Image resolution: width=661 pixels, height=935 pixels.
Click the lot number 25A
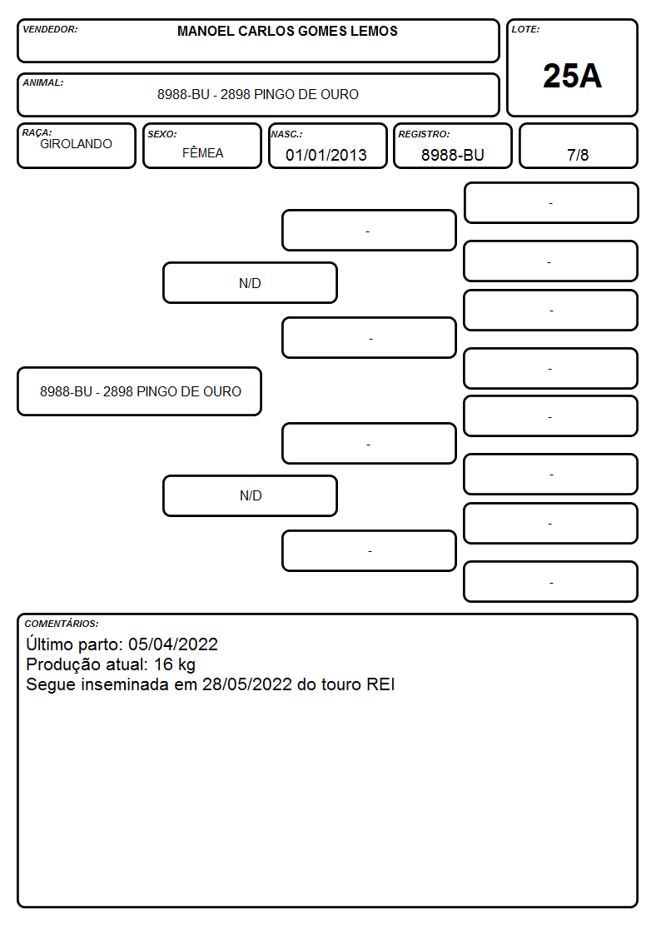[572, 77]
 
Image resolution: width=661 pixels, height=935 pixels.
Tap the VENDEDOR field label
[50, 29]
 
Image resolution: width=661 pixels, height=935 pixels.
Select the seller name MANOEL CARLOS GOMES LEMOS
[287, 31]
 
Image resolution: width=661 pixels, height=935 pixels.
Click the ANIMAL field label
[43, 83]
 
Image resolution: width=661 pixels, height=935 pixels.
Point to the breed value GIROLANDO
[76, 144]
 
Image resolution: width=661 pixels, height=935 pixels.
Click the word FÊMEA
[202, 153]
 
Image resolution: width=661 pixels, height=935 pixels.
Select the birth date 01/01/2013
[326, 155]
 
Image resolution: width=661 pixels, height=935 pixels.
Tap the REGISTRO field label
[424, 134]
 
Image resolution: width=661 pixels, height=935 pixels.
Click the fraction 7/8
[578, 155]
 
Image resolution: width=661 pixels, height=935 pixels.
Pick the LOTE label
[525, 29]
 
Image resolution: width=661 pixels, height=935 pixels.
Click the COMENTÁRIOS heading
[62, 624]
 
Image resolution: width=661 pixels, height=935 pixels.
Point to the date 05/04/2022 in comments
[173, 644]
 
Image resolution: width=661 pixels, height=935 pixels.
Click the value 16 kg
[175, 665]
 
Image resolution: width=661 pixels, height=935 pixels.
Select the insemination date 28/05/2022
[246, 684]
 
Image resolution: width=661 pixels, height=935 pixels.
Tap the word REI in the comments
[380, 684]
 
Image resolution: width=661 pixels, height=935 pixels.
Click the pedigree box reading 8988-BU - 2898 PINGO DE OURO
[140, 391]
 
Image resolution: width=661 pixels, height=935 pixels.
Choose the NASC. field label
[286, 134]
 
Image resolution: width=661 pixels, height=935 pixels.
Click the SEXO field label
[162, 134]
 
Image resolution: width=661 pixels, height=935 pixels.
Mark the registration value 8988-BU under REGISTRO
[452, 155]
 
